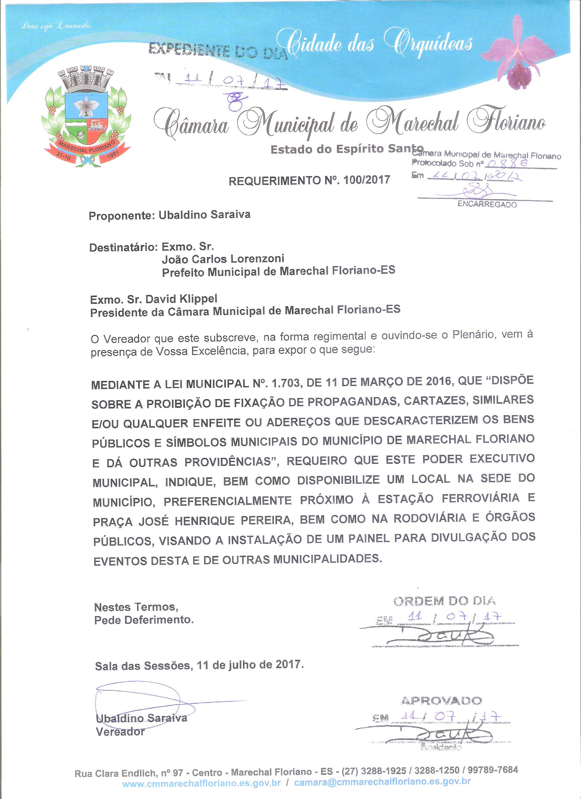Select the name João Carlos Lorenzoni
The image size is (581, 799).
223,259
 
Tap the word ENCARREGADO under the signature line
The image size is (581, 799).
487,205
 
